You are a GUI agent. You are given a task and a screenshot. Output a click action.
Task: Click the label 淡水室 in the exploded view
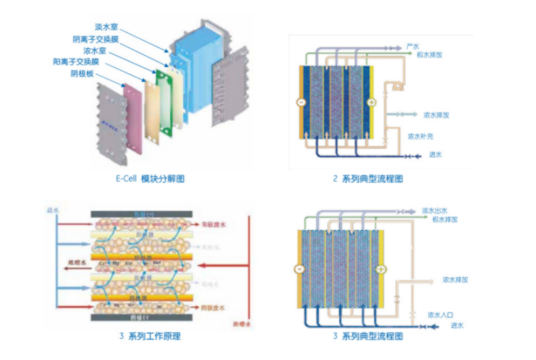click(107, 27)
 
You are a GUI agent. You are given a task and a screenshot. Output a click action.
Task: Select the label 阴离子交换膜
click(96, 39)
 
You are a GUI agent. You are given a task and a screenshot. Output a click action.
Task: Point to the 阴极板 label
click(81, 73)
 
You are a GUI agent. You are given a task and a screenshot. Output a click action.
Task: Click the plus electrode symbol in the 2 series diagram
click(371, 102)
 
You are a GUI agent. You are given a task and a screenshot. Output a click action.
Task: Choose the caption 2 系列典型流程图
click(368, 179)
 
